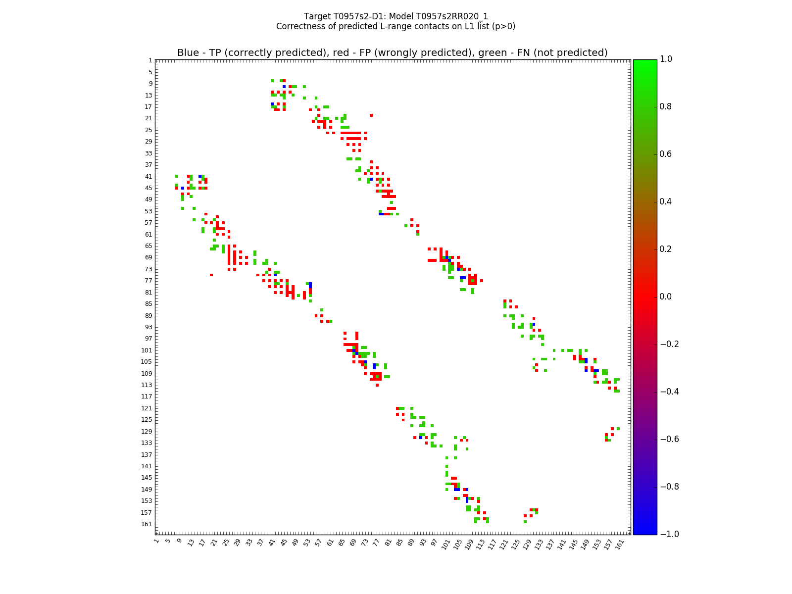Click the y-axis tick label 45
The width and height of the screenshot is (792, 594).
pyautogui.click(x=148, y=188)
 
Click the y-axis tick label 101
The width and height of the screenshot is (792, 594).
pyautogui.click(x=147, y=350)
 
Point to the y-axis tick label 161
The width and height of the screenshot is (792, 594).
pyautogui.click(x=147, y=524)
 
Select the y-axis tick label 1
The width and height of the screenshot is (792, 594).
pyautogui.click(x=150, y=60)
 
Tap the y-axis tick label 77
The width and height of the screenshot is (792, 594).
pyautogui.click(x=148, y=281)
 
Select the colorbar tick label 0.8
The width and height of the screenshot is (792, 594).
pyautogui.click(x=666, y=106)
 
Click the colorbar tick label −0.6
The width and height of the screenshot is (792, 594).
pyautogui.click(x=668, y=439)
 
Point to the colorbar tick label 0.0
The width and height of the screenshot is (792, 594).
pyautogui.click(x=666, y=297)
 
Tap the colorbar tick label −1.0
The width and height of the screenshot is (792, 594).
pyautogui.click(x=668, y=534)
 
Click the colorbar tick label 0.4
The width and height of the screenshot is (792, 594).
pyautogui.click(x=666, y=201)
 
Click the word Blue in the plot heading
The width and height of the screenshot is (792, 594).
pyautogui.click(x=188, y=53)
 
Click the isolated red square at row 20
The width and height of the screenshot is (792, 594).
pyautogui.click(x=371, y=115)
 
